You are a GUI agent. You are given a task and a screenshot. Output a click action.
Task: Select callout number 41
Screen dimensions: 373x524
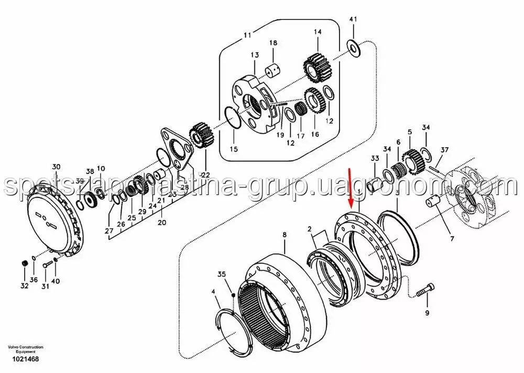(353, 19)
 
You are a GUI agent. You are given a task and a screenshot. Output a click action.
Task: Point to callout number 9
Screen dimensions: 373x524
(427, 313)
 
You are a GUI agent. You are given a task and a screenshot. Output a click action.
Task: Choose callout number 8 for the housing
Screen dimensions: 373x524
(285, 235)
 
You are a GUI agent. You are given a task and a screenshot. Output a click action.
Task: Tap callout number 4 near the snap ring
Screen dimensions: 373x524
(213, 291)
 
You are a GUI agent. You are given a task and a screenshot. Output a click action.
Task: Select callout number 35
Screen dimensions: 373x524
(222, 274)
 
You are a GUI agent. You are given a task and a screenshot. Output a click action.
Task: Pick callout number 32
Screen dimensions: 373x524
(24, 286)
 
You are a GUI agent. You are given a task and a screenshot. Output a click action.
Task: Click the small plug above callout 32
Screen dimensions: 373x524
(24, 262)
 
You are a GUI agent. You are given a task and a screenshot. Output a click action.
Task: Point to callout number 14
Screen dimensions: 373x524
(318, 32)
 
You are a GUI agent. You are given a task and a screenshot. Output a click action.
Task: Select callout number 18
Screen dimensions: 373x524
(273, 42)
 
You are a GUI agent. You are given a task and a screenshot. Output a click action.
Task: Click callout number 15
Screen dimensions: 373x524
(234, 149)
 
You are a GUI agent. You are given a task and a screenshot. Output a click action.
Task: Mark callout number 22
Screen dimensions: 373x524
(205, 174)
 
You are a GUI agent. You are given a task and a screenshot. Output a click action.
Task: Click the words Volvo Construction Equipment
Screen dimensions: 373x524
(26, 349)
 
